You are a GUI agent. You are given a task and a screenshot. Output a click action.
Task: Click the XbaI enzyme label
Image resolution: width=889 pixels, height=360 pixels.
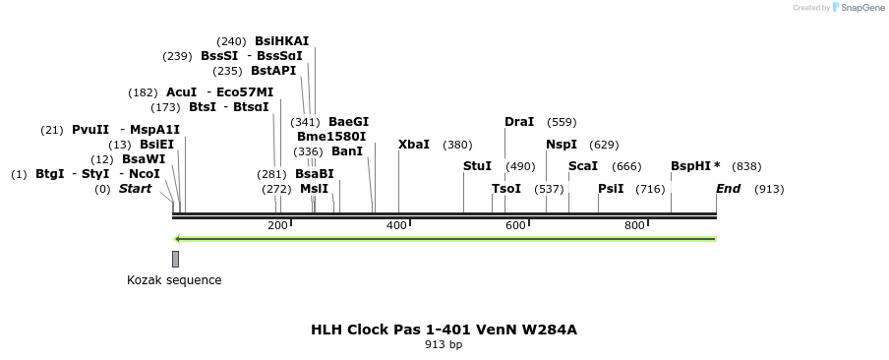tap(414, 145)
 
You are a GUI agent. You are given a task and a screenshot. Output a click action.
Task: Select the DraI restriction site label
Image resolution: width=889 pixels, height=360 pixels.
tap(519, 122)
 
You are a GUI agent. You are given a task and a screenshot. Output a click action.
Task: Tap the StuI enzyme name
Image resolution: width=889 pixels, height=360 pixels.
tap(477, 166)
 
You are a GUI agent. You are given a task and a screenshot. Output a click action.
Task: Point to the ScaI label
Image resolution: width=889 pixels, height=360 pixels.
tap(583, 166)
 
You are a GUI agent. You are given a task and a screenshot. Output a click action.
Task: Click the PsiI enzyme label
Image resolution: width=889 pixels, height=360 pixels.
tap(611, 189)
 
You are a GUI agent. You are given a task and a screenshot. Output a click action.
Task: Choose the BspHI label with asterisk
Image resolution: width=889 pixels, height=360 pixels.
tap(695, 166)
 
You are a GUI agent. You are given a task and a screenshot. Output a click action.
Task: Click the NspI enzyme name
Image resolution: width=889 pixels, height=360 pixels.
tap(562, 145)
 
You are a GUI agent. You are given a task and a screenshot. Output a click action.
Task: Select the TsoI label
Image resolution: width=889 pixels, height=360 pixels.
tap(506, 189)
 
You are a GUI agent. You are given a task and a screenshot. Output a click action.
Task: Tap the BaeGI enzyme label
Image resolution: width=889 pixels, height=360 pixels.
tap(348, 122)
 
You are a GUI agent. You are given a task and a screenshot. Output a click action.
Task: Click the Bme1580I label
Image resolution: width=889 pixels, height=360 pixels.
tap(331, 137)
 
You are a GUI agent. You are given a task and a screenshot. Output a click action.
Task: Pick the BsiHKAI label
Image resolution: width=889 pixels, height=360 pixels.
tap(281, 41)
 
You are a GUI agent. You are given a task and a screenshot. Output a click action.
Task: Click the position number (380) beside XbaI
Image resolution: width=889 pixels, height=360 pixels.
tap(457, 145)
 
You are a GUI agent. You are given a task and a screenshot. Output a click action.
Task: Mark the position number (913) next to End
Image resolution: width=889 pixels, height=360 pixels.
tap(769, 189)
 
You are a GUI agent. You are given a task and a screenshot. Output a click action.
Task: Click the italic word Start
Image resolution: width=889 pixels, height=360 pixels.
tap(136, 189)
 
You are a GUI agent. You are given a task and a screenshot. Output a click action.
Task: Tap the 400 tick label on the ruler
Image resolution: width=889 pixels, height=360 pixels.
tap(396, 226)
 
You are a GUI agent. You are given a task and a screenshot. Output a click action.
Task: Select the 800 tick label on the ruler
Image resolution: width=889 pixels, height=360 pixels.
tap(634, 226)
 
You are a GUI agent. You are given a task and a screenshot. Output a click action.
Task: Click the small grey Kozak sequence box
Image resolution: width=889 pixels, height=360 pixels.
tap(175, 259)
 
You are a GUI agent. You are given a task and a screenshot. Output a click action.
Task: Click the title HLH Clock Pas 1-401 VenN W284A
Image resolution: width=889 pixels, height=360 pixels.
tap(444, 330)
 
